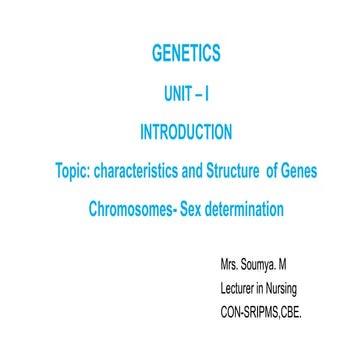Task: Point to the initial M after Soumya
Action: pos(292,267)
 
